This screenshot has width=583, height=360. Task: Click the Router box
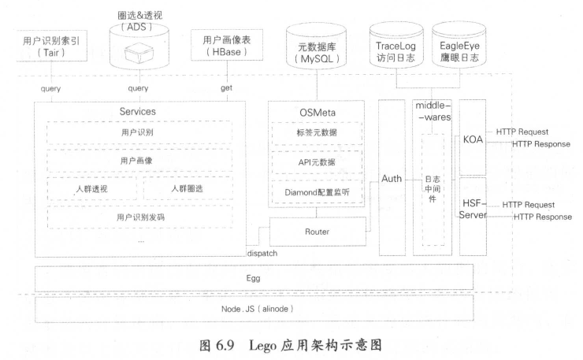click(317, 232)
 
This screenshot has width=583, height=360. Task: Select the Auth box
click(392, 180)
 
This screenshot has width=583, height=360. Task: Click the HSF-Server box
click(473, 210)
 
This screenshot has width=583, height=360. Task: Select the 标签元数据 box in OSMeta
click(316, 132)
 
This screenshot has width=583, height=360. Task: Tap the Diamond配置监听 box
click(316, 191)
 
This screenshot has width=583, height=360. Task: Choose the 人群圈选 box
click(188, 189)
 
